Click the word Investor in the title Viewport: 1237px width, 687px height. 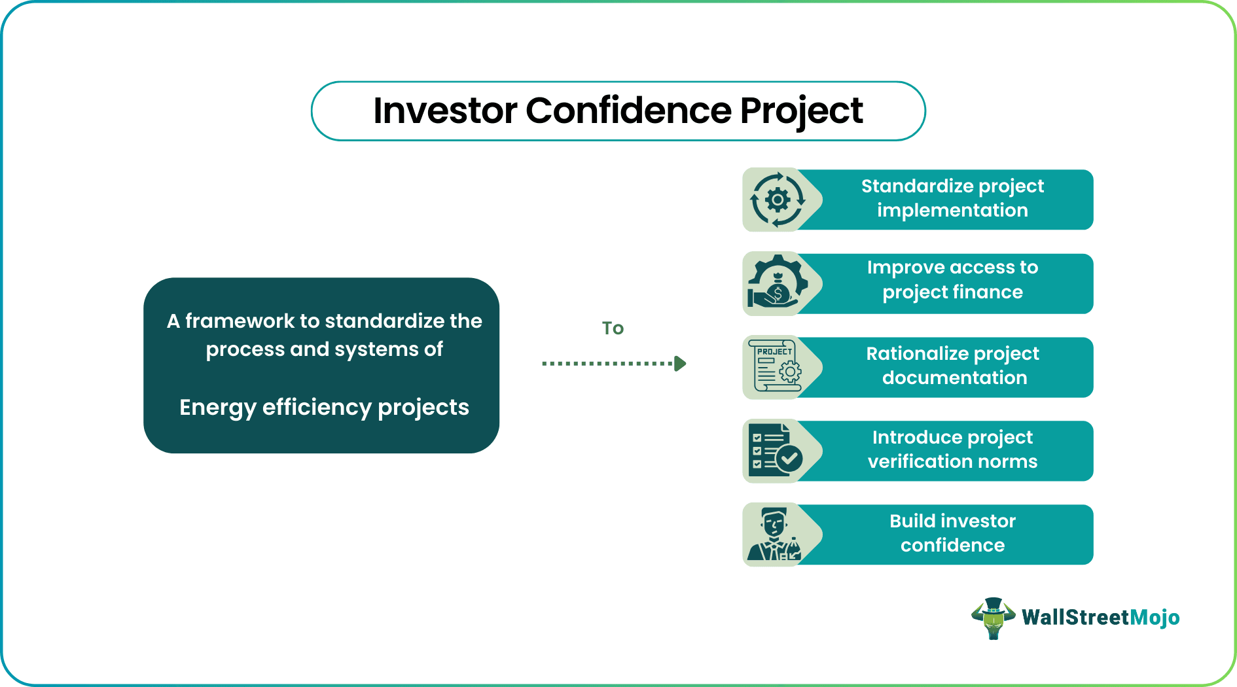445,111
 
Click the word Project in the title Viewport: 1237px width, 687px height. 801,111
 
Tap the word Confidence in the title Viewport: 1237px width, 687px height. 628,111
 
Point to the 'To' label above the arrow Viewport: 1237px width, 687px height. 613,328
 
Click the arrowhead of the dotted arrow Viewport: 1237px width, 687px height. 681,363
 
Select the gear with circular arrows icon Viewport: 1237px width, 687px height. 777,200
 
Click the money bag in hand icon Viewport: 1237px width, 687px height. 777,283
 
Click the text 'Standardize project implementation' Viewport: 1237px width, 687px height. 952,198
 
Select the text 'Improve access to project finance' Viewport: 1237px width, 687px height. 952,279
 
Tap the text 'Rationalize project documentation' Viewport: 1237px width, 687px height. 953,366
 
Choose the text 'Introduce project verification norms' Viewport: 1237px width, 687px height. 952,449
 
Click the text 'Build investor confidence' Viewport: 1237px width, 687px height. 952,533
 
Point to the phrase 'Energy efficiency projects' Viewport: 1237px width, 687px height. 324,408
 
